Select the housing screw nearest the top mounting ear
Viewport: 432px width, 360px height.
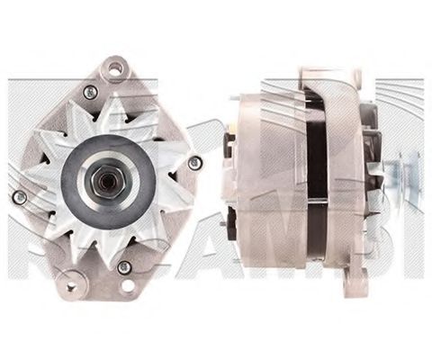(x=89, y=92)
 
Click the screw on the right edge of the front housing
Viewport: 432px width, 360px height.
(x=194, y=162)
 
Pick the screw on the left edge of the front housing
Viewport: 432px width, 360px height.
(x=19, y=196)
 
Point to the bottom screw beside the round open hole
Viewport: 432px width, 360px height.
(x=124, y=267)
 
